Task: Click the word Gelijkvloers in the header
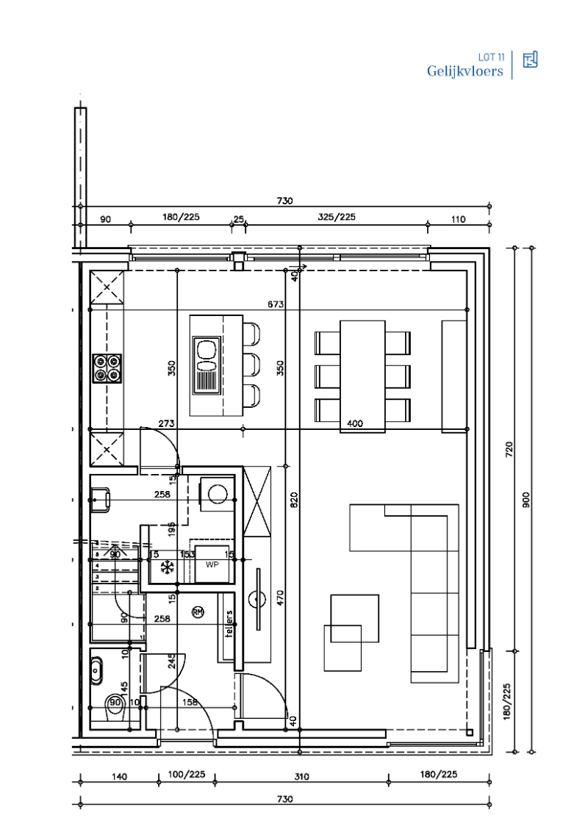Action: click(465, 71)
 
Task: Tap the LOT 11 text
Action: click(491, 57)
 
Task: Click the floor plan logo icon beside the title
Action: click(530, 60)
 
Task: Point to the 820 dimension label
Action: click(294, 501)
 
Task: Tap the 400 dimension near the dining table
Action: click(355, 423)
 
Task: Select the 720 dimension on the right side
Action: click(506, 449)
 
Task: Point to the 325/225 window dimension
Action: click(337, 218)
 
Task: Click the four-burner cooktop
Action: click(107, 367)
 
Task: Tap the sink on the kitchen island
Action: click(206, 365)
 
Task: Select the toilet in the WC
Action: click(112, 703)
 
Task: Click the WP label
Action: click(212, 564)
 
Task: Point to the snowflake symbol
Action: click(167, 567)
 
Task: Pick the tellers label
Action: click(229, 625)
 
